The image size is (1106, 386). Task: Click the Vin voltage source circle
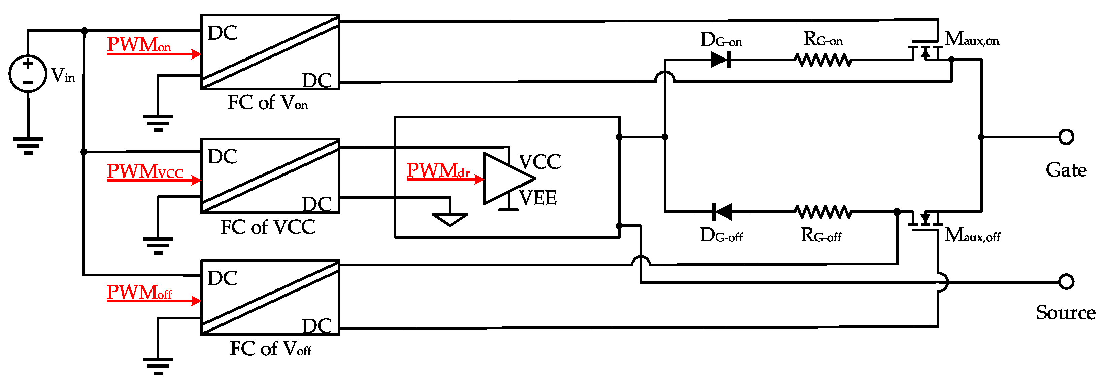pyautogui.click(x=28, y=73)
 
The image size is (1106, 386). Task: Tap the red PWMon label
pyautogui.click(x=139, y=45)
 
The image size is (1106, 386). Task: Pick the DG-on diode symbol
pyautogui.click(x=720, y=60)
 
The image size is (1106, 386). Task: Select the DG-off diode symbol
pyautogui.click(x=721, y=211)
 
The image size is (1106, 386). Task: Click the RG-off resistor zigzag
pyautogui.click(x=822, y=211)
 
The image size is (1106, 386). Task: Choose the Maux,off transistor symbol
pyautogui.click(x=926, y=221)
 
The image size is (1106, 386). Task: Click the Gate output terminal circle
pyautogui.click(x=1066, y=137)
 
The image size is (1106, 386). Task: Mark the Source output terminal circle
pyautogui.click(x=1066, y=282)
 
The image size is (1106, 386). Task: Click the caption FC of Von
pyautogui.click(x=267, y=103)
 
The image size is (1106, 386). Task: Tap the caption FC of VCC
pyautogui.click(x=267, y=227)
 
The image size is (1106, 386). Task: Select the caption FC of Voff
pyautogui.click(x=270, y=349)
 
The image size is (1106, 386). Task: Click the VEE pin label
pyautogui.click(x=538, y=198)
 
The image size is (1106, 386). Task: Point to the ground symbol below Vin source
pyautogui.click(x=28, y=145)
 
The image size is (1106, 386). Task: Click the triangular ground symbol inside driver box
pyautogui.click(x=449, y=219)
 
